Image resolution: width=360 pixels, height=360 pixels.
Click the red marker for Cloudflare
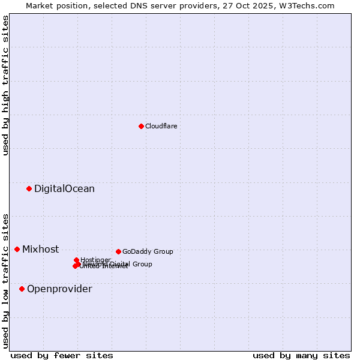(141, 126)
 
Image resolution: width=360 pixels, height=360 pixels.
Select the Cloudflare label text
(161, 126)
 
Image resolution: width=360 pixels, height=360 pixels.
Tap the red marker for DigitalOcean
(29, 189)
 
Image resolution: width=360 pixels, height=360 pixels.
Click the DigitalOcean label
(64, 189)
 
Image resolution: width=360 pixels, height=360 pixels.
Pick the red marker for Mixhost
(17, 249)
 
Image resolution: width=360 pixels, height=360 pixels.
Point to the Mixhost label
(40, 250)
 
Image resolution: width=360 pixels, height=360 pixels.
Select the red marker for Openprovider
(22, 289)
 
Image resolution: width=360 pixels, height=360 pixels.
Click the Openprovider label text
(59, 289)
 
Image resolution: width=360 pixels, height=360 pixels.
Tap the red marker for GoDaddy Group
(118, 251)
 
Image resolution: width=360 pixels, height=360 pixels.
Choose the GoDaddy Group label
(148, 251)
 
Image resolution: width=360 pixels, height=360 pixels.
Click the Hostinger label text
(95, 260)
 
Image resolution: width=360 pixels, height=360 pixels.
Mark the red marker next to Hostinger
(76, 260)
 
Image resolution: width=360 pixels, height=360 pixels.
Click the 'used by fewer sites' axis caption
(62, 355)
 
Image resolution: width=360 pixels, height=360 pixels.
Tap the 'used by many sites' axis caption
(301, 355)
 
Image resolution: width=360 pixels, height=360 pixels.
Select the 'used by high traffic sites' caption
(5, 85)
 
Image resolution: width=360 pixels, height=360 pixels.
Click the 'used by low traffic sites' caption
(5, 281)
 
